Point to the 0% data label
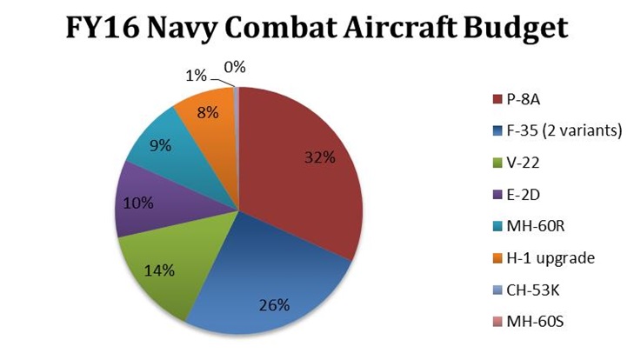point(235,65)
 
